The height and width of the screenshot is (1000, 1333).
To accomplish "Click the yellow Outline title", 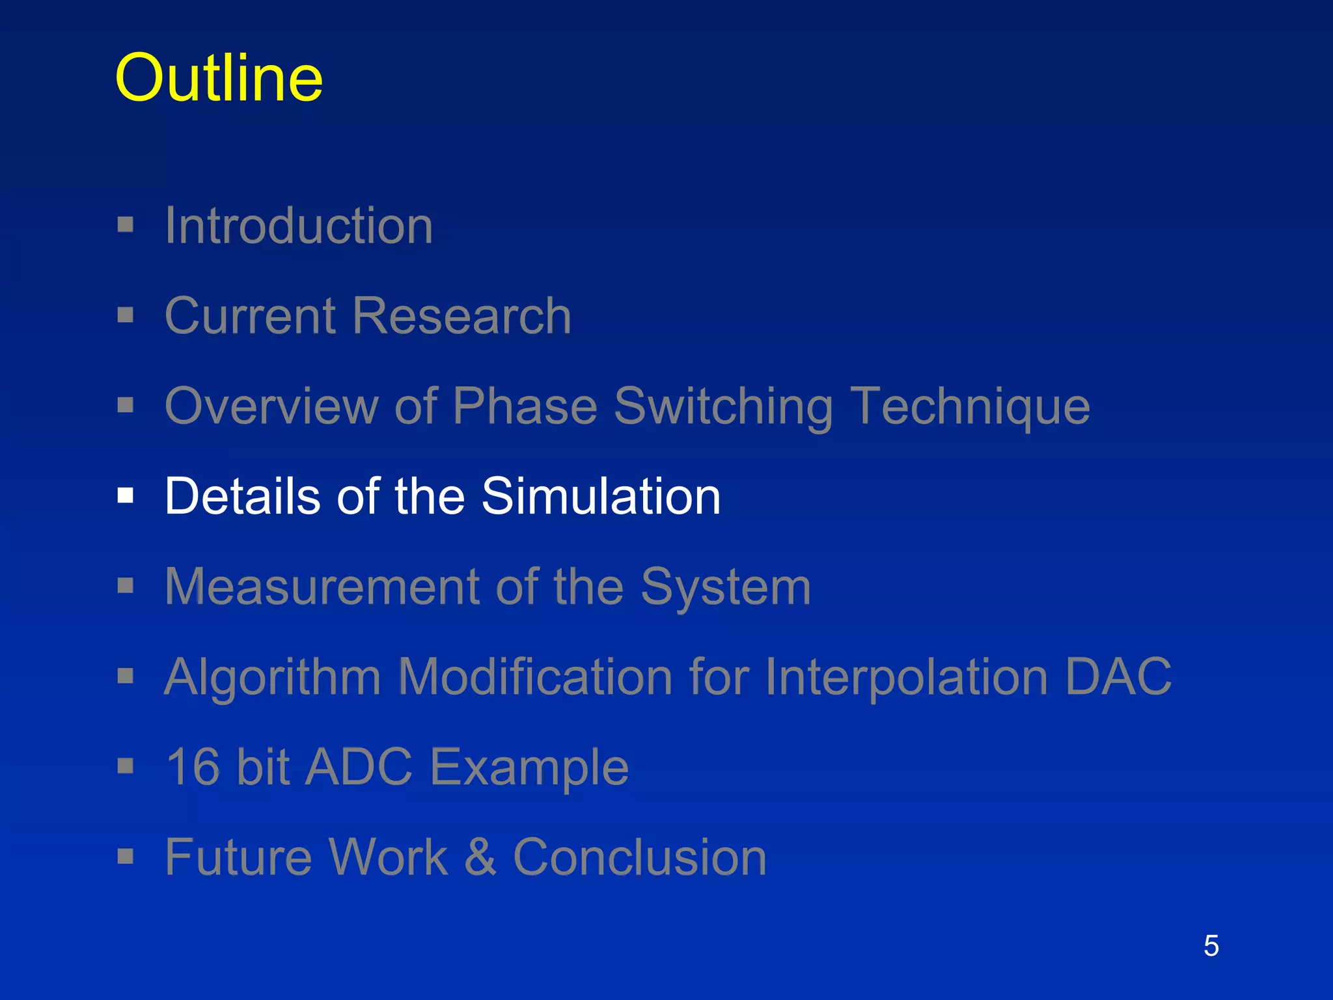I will pos(219,78).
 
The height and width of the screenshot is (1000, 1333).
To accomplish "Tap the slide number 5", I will pos(1211,945).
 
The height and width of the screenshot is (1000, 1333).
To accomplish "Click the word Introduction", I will pos(299,226).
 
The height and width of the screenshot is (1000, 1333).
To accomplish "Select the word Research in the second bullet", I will pos(462,316).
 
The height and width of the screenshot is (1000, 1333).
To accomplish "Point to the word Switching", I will pos(723,407).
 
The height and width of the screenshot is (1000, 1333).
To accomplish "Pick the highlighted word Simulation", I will pos(600,496).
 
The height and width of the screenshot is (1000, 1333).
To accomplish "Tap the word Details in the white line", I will pos(243,496).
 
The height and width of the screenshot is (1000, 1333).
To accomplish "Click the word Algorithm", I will pos(272,677).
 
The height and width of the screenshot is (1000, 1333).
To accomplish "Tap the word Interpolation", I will pos(906,677).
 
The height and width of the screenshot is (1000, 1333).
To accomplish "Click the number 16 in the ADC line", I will pos(193,767).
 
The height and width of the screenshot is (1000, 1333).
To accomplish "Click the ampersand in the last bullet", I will pos(480,857).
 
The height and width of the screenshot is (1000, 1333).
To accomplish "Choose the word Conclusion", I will pos(639,857).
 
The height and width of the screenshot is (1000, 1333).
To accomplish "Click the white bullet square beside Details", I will pos(126,496).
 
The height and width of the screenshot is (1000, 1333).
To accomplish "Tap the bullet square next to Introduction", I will pos(126,225).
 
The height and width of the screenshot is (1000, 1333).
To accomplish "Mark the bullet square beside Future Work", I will pos(126,856).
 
